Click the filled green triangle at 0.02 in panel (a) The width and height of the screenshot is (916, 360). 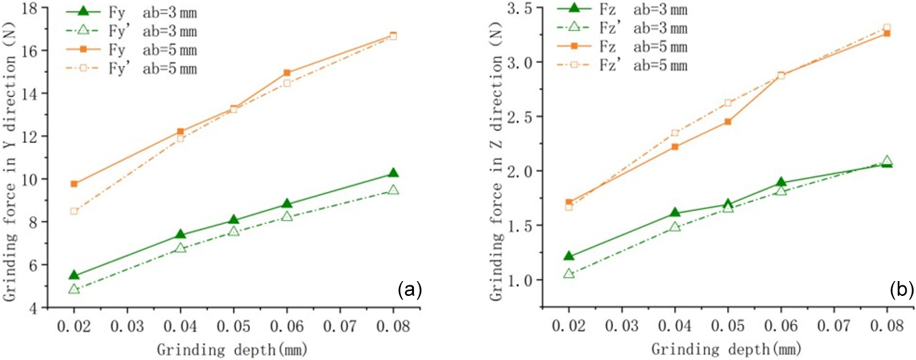[74, 275]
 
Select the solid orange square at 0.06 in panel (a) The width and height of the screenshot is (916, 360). [286, 73]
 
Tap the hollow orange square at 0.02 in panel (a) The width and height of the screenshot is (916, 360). [74, 211]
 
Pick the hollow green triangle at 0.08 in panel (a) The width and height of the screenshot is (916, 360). [393, 190]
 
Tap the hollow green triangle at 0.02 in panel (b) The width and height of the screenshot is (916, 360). [569, 273]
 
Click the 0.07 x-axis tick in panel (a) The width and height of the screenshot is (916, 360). [340, 325]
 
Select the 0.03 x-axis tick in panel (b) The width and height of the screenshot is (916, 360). [622, 325]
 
